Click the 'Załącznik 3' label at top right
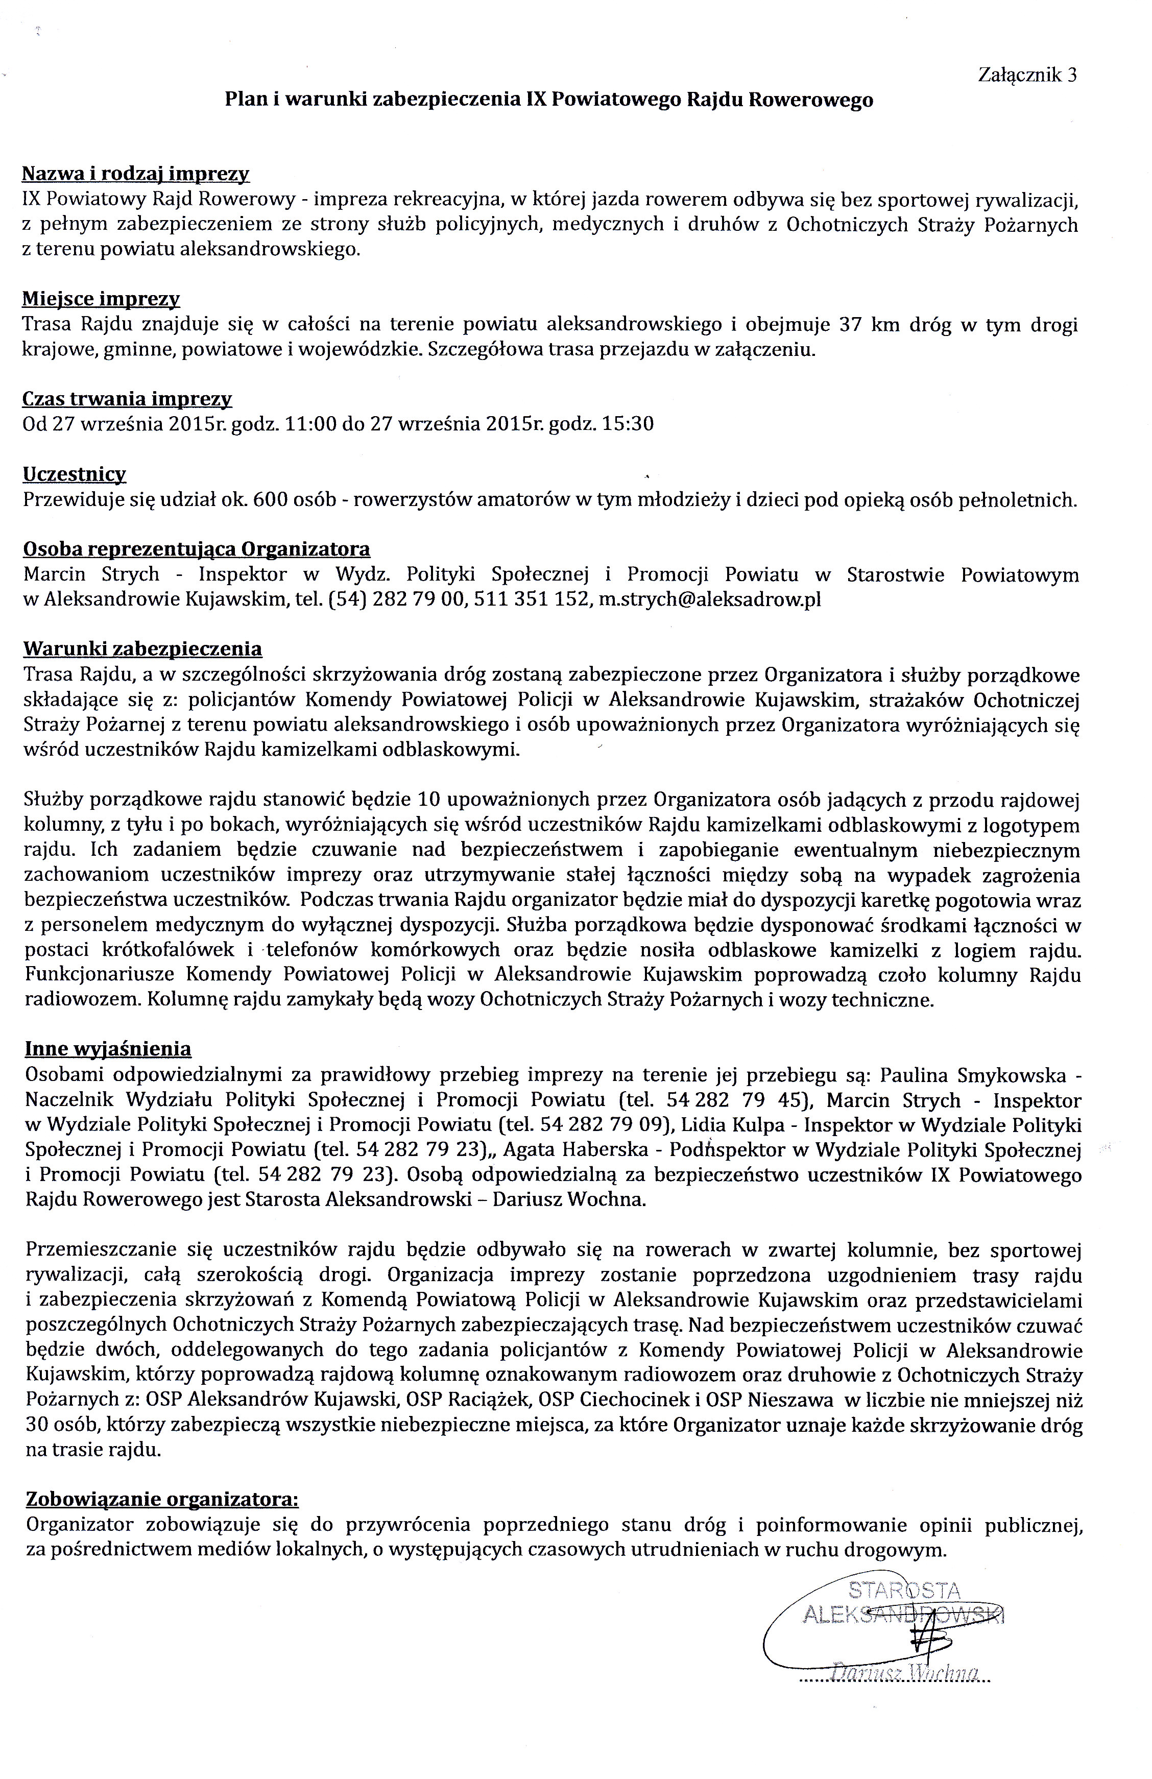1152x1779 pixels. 1027,75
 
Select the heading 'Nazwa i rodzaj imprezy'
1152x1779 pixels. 135,174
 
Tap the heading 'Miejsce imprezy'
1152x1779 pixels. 101,299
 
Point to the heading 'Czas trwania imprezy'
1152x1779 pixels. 127,398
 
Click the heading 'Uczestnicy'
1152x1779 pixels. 74,474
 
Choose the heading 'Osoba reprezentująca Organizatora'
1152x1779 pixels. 197,549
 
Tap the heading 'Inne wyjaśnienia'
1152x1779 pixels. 108,1049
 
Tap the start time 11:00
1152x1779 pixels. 314,424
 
